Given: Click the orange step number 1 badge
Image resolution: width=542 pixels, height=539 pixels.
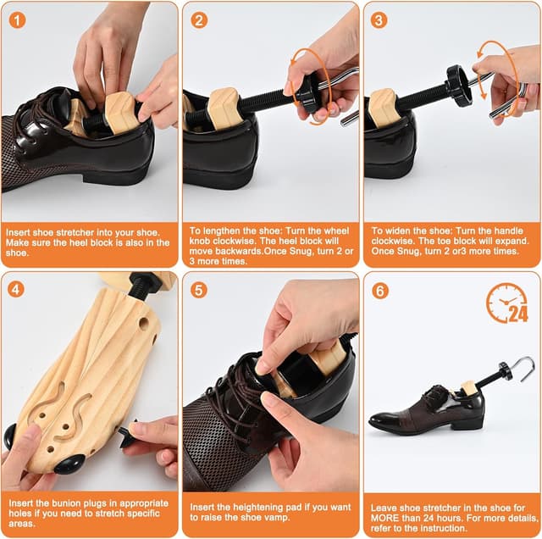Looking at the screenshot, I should point(18,19).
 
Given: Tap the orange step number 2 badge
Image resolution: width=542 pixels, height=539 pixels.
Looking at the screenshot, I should point(199,19).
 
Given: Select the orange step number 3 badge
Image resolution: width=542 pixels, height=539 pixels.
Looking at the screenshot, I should point(379,19).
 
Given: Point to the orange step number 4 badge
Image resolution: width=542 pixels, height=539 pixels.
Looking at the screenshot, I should point(18,289).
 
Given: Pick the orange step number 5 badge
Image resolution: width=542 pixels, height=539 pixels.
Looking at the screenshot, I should point(199,289).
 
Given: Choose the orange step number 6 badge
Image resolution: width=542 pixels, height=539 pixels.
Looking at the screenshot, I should point(379,289).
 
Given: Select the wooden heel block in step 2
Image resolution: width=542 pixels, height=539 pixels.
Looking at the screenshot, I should point(225,111).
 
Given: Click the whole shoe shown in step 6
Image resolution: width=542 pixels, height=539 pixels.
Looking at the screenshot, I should point(427,408).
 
